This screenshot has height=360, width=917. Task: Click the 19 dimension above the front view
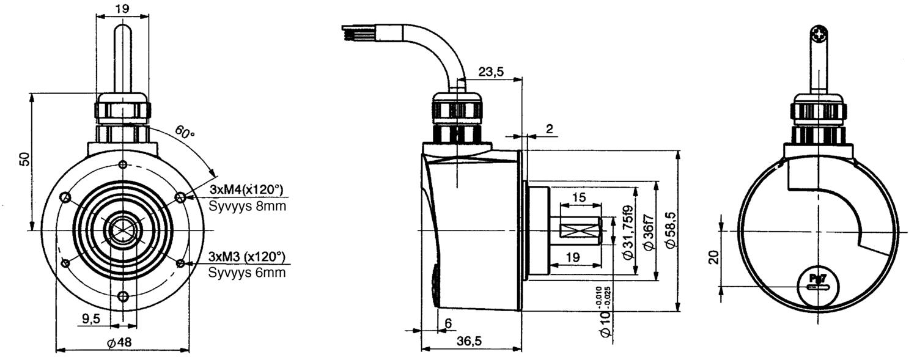click(122, 9)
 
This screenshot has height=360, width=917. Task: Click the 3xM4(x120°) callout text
click(246, 188)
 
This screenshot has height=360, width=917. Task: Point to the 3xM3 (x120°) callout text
click(246, 255)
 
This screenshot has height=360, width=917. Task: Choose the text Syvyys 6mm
click(246, 273)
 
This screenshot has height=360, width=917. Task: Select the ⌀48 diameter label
click(119, 343)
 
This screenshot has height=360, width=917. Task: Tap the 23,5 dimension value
click(491, 72)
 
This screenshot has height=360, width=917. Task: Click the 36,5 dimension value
click(469, 342)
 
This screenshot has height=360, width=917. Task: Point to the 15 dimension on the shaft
click(578, 197)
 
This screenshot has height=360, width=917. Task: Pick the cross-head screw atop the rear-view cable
click(819, 34)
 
